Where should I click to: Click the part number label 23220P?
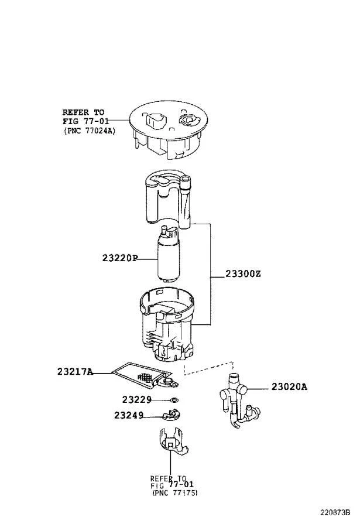[118, 258]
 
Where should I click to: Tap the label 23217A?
[75, 371]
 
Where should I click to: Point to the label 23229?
[137, 400]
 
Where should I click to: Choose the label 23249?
[129, 416]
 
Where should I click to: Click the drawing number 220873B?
[334, 512]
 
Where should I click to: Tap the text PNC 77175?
[174, 493]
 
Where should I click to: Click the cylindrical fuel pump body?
[170, 258]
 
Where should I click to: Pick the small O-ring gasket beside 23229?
[174, 401]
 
